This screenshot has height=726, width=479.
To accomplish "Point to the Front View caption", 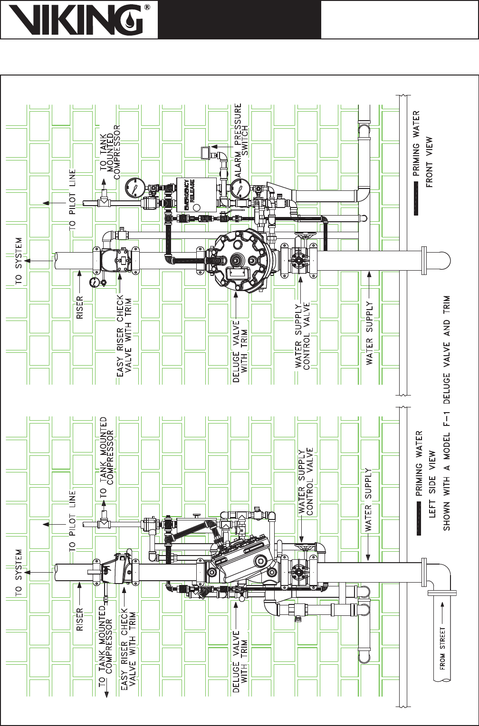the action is coord(429,162).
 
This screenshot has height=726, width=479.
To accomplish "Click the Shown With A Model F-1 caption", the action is coord(447,413).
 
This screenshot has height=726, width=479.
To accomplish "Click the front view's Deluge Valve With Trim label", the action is coord(240,351).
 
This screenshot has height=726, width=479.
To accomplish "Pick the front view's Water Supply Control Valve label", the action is coord(302,335).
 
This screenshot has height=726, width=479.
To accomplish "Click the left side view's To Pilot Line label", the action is coord(72,521).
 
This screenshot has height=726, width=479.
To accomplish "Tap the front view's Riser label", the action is coord(80,307).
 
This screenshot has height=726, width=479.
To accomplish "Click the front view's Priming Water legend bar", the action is coord(416,198).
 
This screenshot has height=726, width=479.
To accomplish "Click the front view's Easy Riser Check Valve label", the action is coord(124,335).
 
